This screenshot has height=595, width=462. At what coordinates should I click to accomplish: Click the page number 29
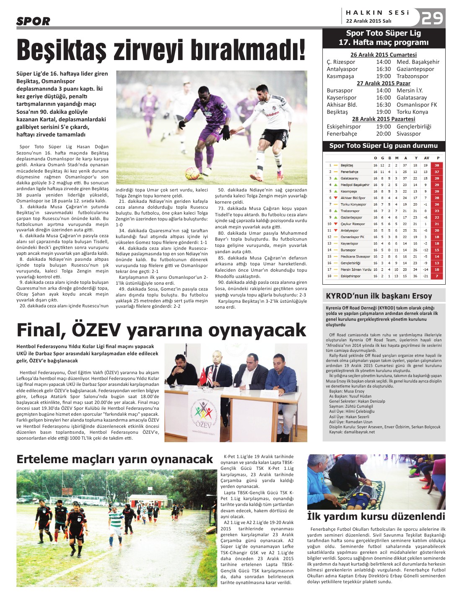[432, 18]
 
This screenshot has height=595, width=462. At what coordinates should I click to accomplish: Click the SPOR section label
[34, 21]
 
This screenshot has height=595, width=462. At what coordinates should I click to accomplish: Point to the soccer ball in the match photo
[192, 173]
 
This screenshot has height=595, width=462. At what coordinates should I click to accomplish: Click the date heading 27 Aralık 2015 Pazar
[383, 83]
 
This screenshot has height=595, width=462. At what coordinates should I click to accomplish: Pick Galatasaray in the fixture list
[412, 97]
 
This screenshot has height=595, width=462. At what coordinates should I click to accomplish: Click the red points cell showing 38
[437, 165]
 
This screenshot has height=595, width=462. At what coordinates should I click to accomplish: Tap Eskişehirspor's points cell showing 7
[437, 276]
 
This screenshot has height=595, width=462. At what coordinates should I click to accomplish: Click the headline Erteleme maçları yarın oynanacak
[114, 459]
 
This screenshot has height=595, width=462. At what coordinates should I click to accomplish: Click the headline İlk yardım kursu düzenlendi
[376, 516]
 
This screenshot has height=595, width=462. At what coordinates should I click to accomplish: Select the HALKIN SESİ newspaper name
[377, 13]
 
